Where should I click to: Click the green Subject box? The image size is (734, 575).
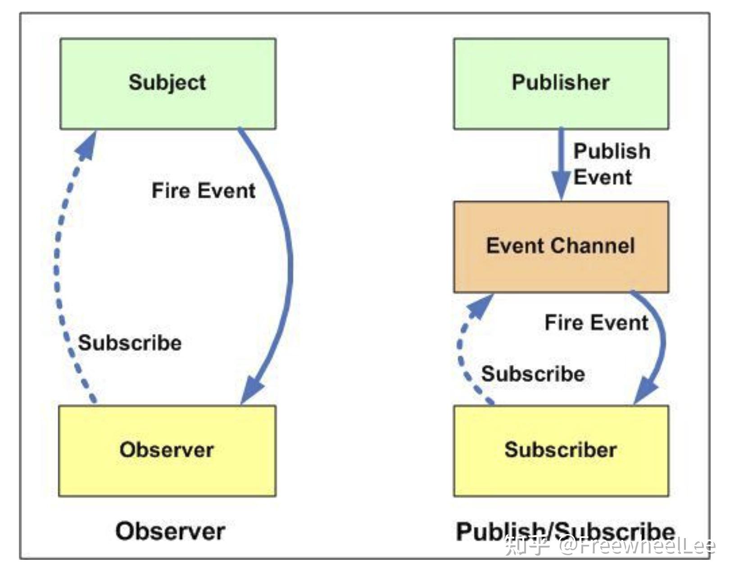tap(168, 84)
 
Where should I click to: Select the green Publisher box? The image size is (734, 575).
tap(561, 84)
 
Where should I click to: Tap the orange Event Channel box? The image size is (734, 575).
tap(561, 247)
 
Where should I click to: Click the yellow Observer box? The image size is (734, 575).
tap(167, 451)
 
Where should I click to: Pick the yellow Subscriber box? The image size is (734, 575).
tap(561, 451)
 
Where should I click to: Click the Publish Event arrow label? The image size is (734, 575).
tap(612, 164)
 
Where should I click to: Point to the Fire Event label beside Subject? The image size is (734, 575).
tap(204, 191)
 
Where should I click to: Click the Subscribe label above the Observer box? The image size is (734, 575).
tap(130, 343)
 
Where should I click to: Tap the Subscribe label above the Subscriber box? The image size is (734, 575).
tap(533, 374)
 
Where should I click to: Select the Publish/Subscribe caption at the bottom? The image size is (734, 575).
tap(566, 532)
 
